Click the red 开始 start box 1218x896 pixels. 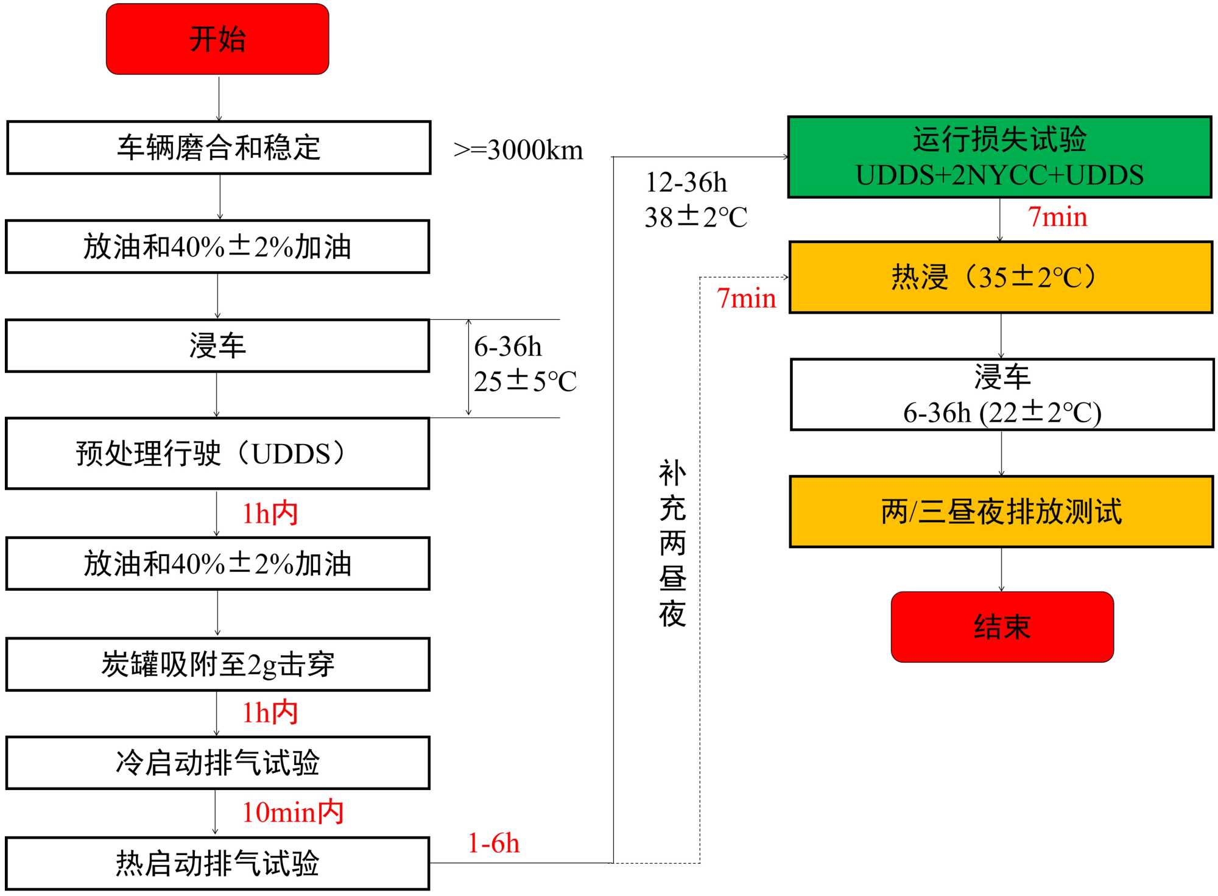(217, 39)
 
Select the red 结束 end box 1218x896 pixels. (1002, 626)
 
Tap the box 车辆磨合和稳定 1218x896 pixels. (219, 147)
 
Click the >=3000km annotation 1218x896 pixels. (518, 150)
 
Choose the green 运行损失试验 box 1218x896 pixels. (999, 157)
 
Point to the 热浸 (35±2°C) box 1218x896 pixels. (1001, 277)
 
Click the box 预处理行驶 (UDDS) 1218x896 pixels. (217, 453)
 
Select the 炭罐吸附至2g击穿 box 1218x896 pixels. (217, 664)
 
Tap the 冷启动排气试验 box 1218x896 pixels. (217, 763)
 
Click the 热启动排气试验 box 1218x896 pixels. (217, 863)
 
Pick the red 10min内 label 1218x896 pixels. (293, 812)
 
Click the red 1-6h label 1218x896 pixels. (493, 844)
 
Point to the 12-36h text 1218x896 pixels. (686, 182)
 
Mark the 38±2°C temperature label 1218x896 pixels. (696, 217)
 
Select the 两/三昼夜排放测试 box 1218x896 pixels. (1001, 512)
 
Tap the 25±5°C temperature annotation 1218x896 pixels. (525, 381)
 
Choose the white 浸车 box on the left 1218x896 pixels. (217, 345)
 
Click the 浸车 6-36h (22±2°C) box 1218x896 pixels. (1002, 395)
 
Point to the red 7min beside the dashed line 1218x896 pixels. (747, 298)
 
